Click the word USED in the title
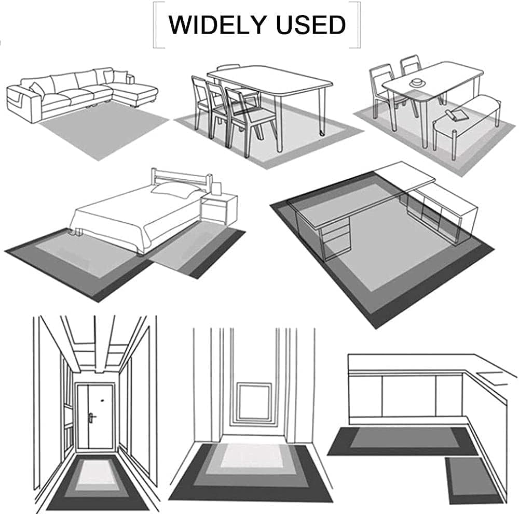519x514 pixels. [311, 25]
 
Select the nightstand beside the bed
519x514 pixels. [219, 209]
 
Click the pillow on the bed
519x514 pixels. [175, 190]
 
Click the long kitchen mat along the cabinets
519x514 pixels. [402, 441]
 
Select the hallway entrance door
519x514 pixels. [95, 416]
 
